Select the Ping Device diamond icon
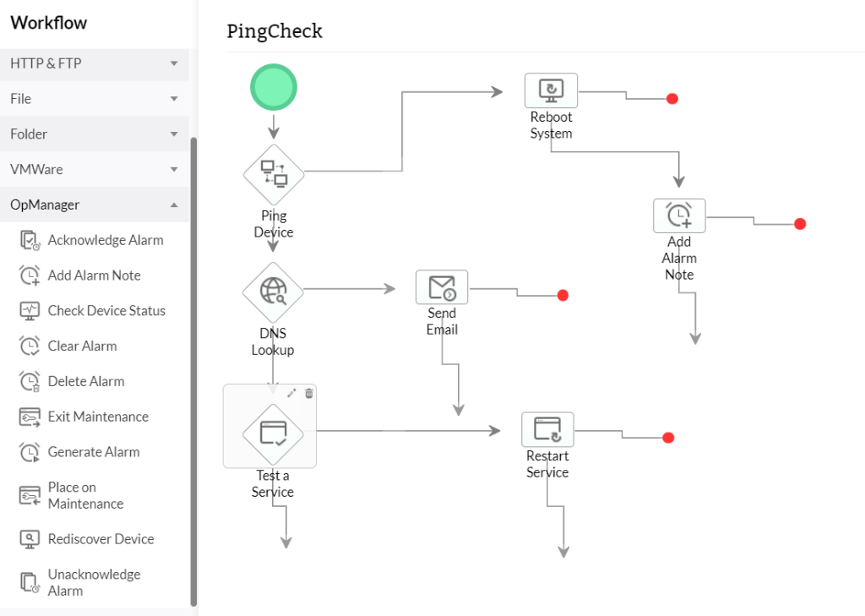[x=274, y=174]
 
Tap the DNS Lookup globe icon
[x=273, y=290]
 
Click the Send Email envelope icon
[x=442, y=287]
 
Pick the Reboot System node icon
[x=551, y=90]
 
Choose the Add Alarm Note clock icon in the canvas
[x=679, y=215]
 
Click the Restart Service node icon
[x=547, y=429]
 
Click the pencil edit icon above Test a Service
[x=292, y=393]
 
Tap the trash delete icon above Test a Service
[x=309, y=393]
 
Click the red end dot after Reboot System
[x=672, y=99]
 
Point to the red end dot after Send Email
[x=563, y=296]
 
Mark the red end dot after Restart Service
[x=668, y=438]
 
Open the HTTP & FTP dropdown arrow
[x=174, y=63]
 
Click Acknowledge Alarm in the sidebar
[x=106, y=240]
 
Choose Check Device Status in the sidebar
[x=106, y=310]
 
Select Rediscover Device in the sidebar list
[x=101, y=538]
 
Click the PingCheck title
[x=275, y=31]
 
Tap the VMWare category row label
[x=36, y=169]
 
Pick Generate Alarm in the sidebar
[x=93, y=451]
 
